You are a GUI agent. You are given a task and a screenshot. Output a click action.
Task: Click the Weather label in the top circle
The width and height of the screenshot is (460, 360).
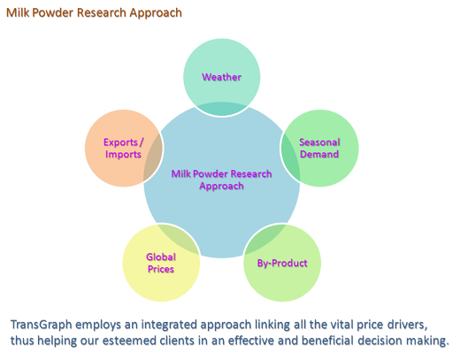point(221,77)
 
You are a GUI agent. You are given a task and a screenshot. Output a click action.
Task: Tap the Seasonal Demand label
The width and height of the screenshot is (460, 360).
point(319,148)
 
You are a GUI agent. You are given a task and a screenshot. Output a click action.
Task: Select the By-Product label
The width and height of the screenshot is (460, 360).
point(282,263)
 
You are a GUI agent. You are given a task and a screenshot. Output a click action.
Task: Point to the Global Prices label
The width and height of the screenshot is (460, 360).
point(161,263)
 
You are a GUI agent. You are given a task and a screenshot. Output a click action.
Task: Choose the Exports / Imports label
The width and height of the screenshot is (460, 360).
point(123,149)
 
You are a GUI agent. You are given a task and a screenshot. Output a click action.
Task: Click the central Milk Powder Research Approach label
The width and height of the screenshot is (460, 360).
point(221,180)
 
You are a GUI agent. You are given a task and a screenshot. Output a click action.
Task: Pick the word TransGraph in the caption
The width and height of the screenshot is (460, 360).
point(42,325)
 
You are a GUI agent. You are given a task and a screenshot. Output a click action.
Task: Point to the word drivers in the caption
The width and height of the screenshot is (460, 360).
point(407,325)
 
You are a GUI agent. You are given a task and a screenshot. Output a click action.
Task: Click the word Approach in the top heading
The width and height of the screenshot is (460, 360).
point(156,13)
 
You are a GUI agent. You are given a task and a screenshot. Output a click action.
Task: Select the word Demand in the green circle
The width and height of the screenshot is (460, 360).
point(319,154)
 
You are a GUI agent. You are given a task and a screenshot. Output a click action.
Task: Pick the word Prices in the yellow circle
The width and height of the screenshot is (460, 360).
point(161,269)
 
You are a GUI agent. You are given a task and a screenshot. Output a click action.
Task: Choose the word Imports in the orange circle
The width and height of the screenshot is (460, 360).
point(123,155)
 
